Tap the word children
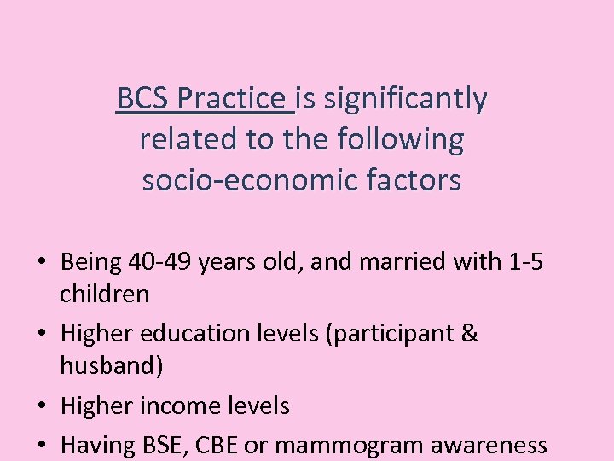104,295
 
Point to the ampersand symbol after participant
468,334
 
